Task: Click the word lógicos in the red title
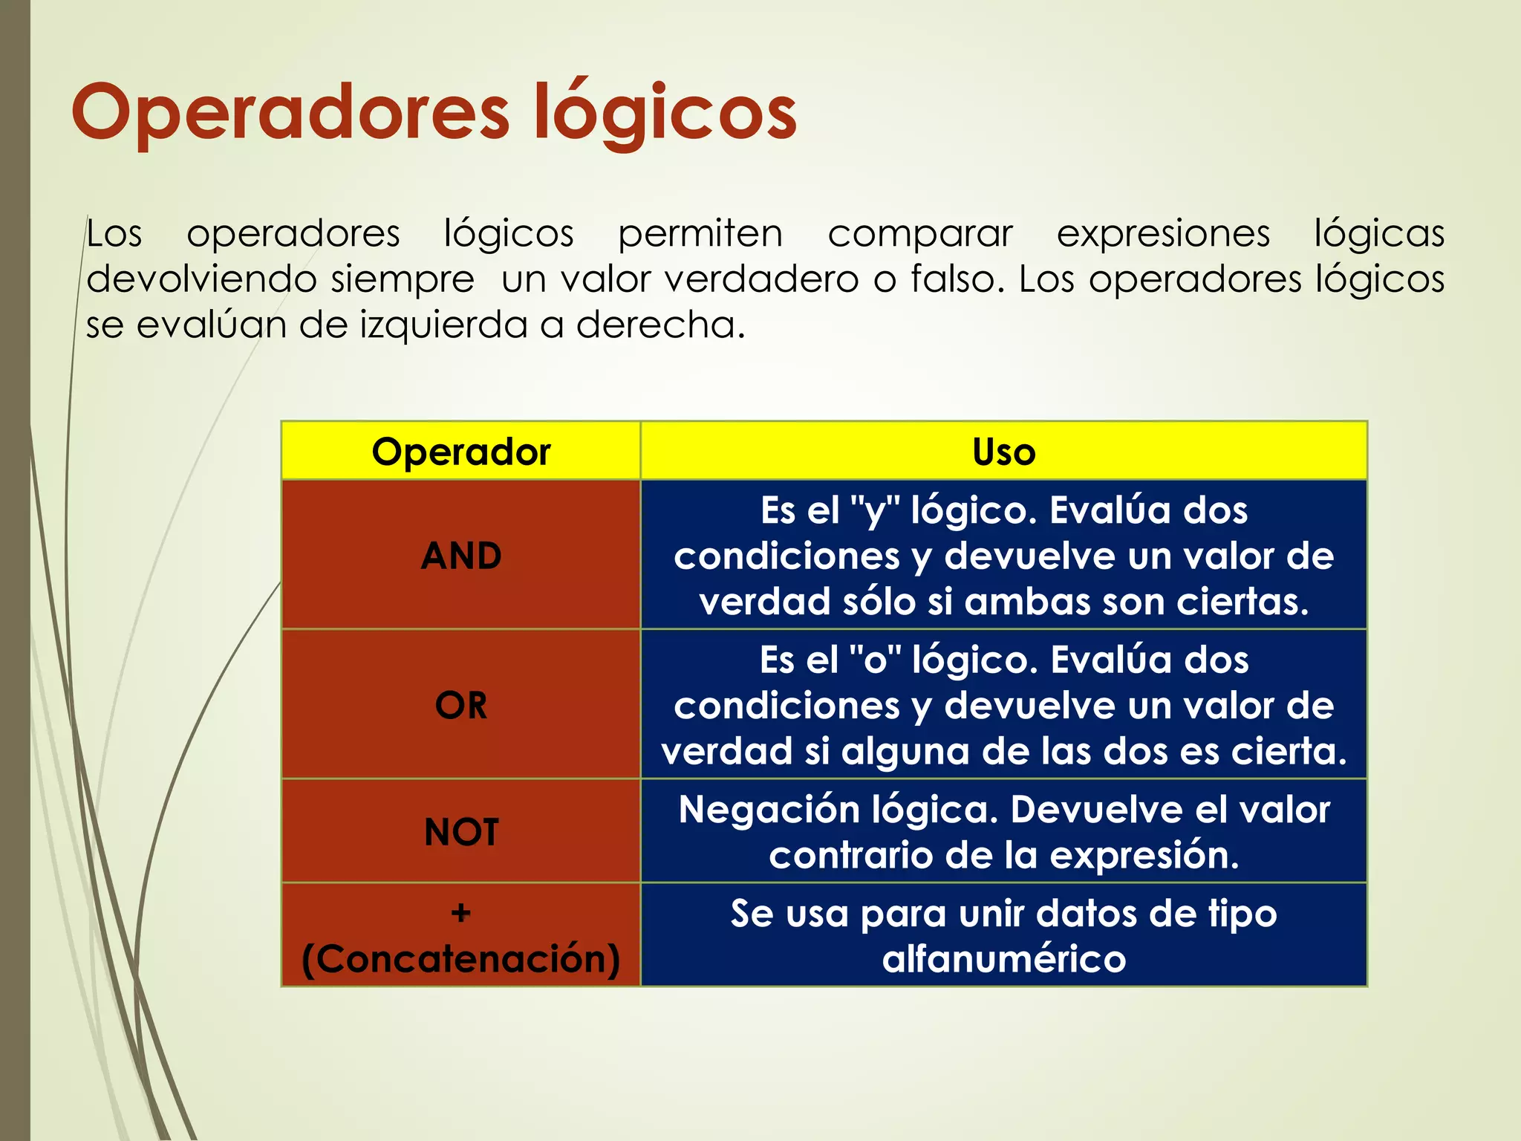(665, 113)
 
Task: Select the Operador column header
(460, 452)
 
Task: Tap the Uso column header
(1003, 452)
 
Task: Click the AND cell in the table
(460, 556)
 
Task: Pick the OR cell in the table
(460, 705)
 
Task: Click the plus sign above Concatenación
(460, 912)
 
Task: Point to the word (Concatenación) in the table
(460, 959)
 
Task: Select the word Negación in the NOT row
(768, 810)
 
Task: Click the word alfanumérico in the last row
(1003, 959)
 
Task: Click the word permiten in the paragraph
(700, 234)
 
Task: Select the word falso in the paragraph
(954, 280)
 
